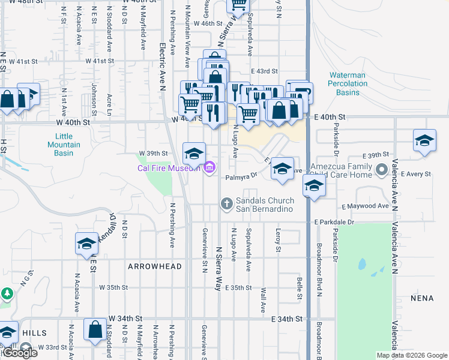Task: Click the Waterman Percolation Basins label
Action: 348,83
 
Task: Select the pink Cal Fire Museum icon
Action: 209,167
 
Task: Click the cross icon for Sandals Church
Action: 227,204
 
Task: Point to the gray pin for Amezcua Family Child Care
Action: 379,170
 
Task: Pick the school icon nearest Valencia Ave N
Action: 424,140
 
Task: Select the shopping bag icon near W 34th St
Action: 95,329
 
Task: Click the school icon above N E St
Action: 86,243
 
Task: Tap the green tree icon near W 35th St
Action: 7,294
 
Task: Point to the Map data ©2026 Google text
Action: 412,355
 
